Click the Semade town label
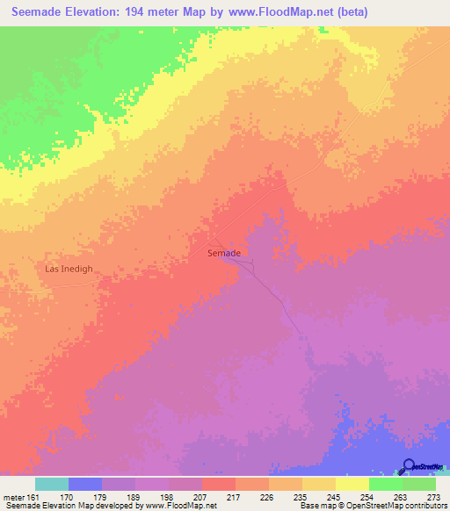tap(224, 253)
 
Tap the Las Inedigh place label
tap(69, 269)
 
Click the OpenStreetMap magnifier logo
tap(409, 467)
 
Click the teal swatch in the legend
tap(52, 484)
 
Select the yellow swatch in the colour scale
tap(352, 484)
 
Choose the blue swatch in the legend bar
tap(85, 484)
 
